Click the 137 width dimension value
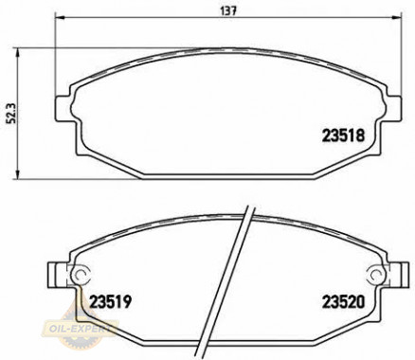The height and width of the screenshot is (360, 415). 228,11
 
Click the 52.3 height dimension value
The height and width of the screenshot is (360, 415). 13,115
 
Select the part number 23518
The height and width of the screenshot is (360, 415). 343,136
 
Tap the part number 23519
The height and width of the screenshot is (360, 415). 110,302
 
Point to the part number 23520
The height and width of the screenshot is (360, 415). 343,302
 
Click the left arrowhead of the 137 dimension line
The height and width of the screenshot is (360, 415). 60,18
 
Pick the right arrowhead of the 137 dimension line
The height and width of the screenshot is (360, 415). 397,18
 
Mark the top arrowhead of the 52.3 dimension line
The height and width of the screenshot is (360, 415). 18,52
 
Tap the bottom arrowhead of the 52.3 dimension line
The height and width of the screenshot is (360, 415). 18,174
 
